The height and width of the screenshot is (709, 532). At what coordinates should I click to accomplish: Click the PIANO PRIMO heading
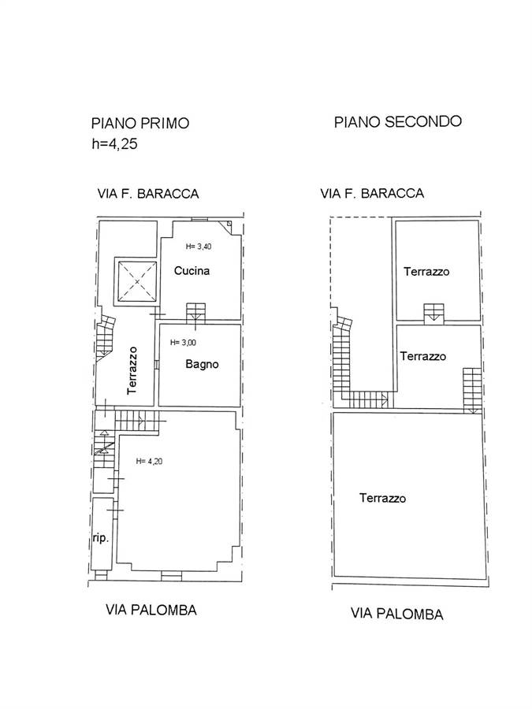coord(140,123)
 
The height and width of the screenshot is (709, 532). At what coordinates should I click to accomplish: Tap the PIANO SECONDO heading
coord(398,121)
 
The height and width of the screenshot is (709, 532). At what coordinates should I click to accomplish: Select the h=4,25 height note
coord(114,144)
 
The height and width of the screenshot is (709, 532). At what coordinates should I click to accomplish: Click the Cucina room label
coord(192,270)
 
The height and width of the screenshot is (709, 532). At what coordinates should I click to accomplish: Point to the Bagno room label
coord(203,364)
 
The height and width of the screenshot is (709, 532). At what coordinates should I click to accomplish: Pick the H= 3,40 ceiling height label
coord(199,247)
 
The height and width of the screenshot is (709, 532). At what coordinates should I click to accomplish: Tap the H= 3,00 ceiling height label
coord(183,343)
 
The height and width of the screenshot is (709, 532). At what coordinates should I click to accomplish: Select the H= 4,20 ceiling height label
coord(149,461)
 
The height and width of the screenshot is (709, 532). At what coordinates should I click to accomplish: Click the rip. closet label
coord(100,538)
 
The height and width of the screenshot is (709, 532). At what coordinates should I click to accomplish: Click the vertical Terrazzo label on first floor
coord(132,370)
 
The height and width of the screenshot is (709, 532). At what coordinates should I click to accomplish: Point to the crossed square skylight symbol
coord(137,281)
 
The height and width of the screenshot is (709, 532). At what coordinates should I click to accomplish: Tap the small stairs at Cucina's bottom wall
coord(196,313)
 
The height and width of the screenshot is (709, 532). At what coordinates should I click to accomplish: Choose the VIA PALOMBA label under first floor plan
coord(151,610)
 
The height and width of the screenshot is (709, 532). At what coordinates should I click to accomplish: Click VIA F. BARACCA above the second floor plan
coord(372,194)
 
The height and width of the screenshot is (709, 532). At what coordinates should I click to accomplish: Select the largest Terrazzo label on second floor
coord(383,498)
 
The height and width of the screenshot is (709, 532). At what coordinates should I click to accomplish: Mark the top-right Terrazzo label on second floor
coord(426,271)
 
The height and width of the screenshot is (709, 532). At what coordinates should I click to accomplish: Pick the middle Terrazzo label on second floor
coord(423,356)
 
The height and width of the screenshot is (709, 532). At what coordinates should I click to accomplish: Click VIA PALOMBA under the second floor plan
coord(396,614)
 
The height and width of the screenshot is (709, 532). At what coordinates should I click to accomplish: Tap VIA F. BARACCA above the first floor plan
coord(148,194)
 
